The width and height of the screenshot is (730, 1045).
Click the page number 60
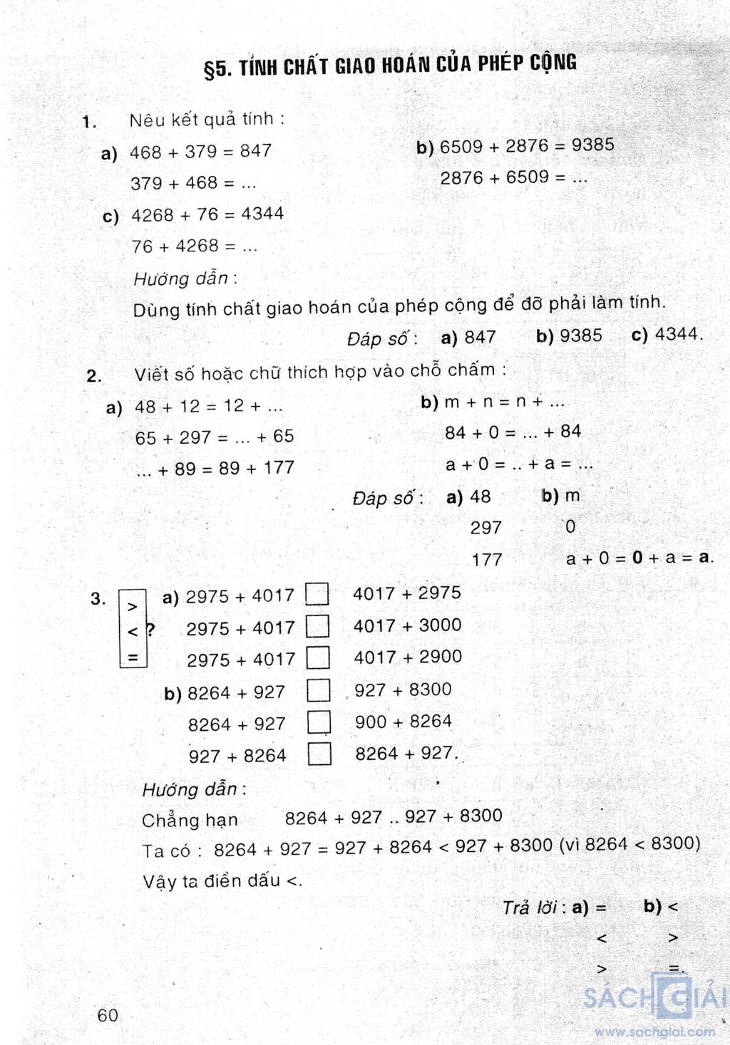[x=108, y=1015]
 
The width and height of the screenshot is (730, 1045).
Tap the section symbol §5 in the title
[x=217, y=69]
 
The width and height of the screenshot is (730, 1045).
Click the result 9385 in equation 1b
[x=592, y=145]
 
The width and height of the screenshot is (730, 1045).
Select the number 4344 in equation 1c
[x=262, y=214]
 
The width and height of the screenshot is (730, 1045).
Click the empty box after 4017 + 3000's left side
[x=317, y=627]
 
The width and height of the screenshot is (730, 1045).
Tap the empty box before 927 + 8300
[x=319, y=690]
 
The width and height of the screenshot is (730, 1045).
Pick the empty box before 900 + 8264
[x=319, y=722]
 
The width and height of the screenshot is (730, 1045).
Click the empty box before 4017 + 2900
[x=318, y=658]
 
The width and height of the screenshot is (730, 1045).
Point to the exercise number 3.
[x=98, y=599]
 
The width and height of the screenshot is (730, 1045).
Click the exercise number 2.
[x=93, y=376]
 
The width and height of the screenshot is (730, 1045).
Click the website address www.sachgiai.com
[x=654, y=1031]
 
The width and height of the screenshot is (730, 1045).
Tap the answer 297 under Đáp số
[x=486, y=528]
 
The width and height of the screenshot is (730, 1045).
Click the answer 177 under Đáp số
[x=487, y=560]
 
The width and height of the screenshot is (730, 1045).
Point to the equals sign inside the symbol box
[x=133, y=657]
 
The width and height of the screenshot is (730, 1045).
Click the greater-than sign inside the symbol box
[x=132, y=607]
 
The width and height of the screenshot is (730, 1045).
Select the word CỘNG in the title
[x=553, y=63]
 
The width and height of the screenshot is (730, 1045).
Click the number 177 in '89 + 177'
[x=278, y=468]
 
